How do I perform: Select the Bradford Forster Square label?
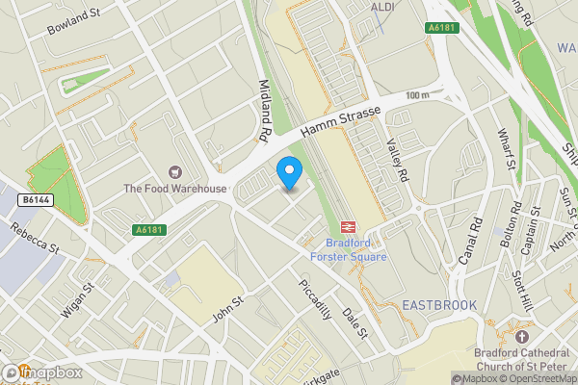point(349,249)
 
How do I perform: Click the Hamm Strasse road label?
point(340,118)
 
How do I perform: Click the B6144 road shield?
point(34,199)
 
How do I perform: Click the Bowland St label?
point(75,21)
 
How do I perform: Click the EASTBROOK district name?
point(439,305)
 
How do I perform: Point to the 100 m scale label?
point(418,95)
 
